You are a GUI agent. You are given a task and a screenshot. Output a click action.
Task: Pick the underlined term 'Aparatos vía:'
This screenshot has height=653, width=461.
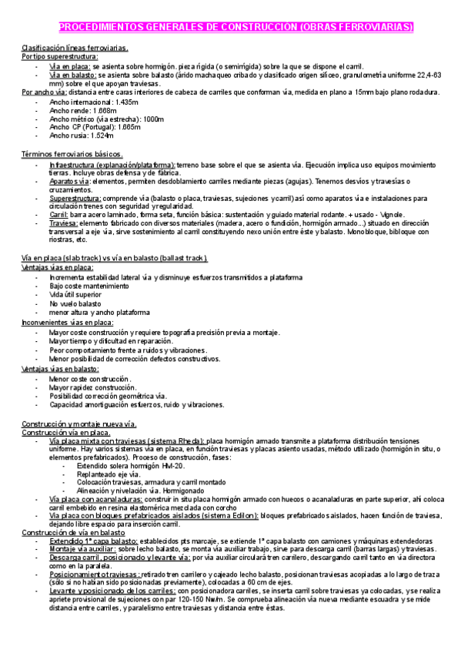point(69,181)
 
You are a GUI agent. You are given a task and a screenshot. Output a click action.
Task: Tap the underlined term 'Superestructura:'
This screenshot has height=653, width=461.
point(74,198)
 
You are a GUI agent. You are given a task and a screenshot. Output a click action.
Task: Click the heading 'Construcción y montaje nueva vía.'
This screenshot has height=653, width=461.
point(79,425)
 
